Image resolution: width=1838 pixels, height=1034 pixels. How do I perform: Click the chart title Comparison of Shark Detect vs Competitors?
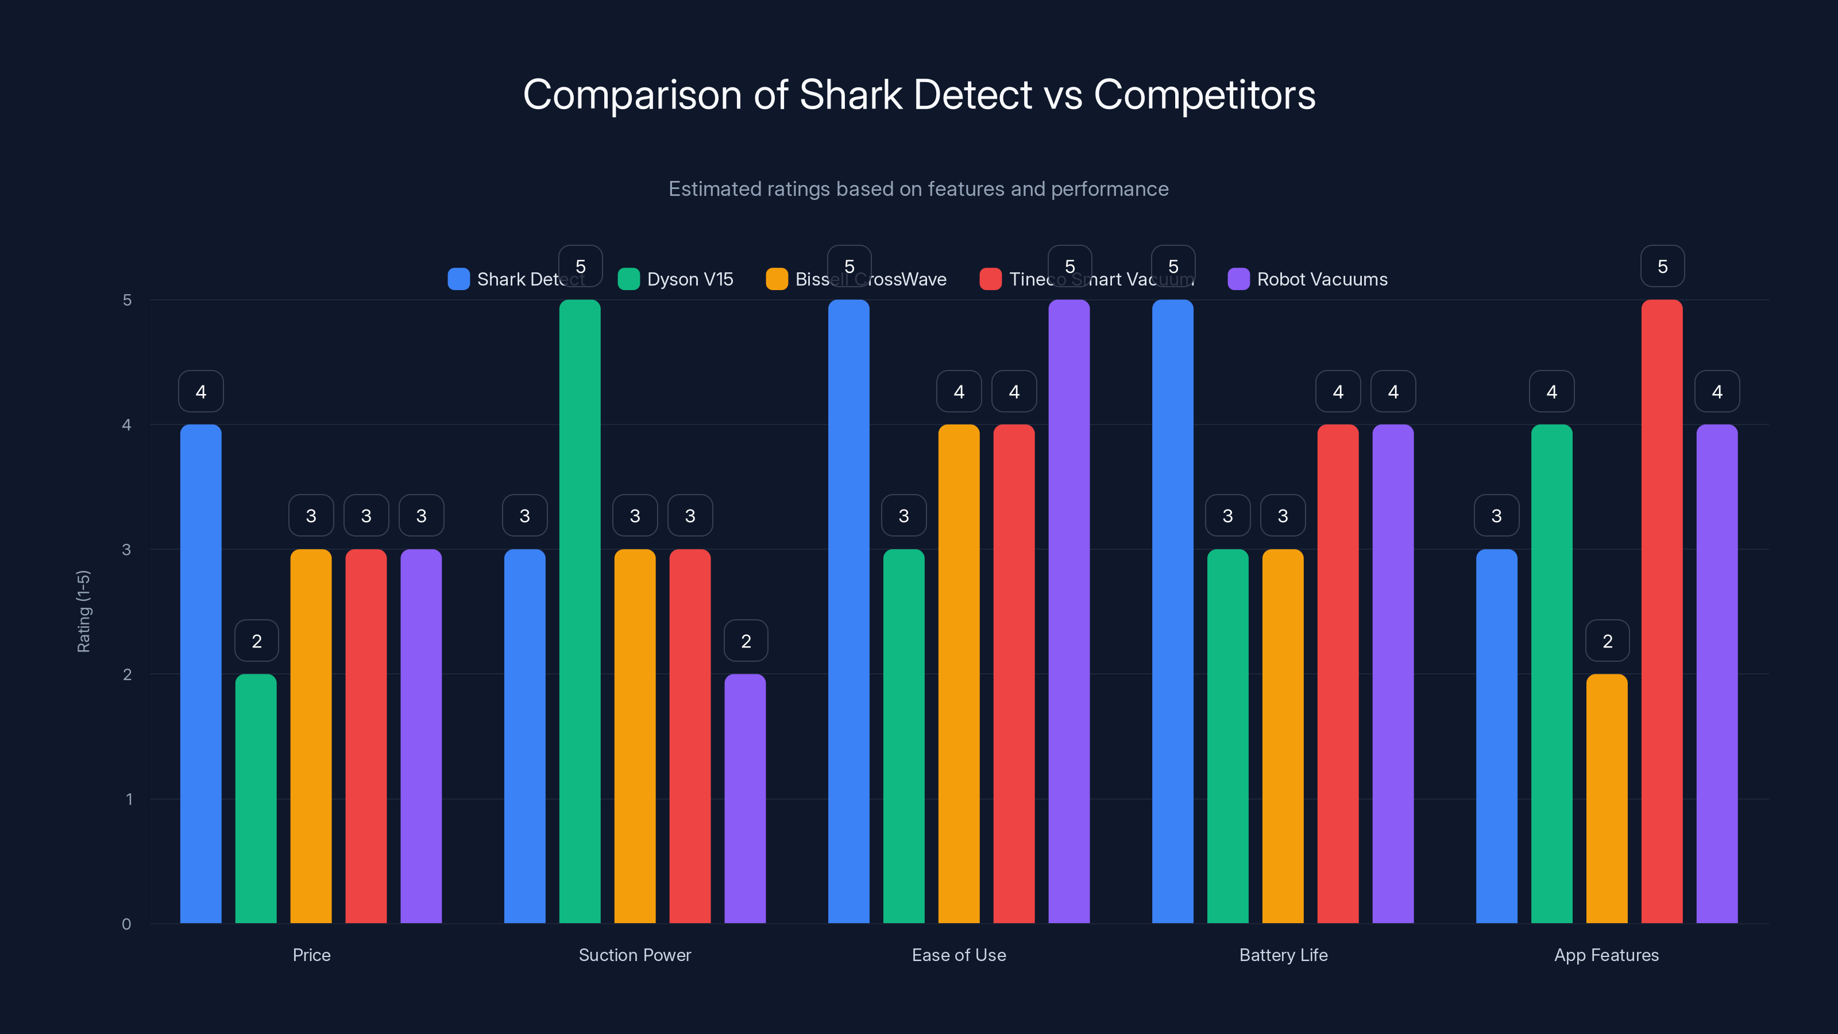(919, 95)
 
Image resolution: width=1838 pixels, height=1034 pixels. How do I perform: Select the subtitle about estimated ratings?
(918, 189)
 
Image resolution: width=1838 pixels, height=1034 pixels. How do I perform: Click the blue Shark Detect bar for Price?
(200, 674)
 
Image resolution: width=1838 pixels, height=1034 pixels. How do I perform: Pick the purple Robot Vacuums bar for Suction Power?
(745, 798)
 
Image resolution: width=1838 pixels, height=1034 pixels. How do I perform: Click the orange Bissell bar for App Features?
(1607, 798)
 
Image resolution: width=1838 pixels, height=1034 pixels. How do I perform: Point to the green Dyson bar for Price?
(256, 798)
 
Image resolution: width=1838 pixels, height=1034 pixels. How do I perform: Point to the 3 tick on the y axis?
(126, 550)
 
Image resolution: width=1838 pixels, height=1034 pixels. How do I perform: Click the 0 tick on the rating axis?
(126, 924)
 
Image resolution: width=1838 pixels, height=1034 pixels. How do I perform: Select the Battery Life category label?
(1283, 955)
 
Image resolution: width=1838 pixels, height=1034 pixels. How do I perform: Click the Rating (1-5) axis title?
(83, 612)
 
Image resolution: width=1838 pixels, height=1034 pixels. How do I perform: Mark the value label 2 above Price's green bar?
(256, 641)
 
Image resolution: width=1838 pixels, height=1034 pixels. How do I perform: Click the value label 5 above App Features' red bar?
(1662, 266)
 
